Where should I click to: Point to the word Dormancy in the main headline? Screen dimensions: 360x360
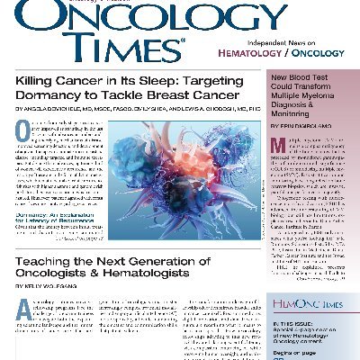[x=86, y=103]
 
